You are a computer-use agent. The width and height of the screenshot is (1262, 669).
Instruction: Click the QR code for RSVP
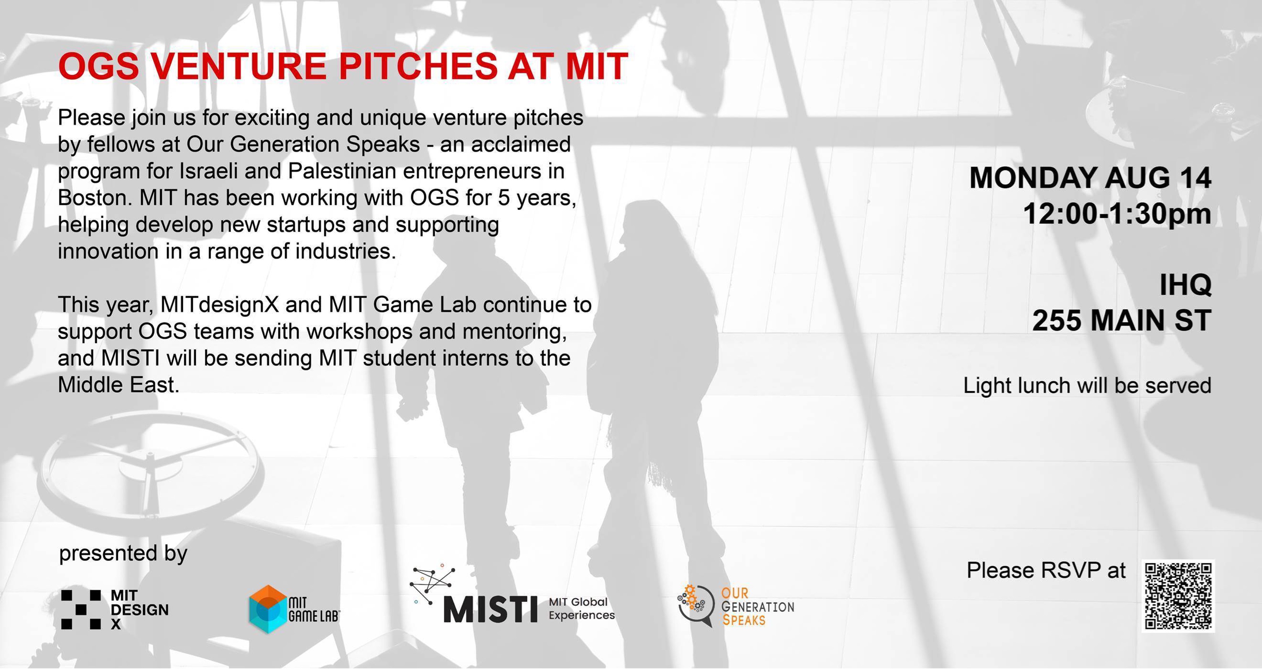pos(1178,596)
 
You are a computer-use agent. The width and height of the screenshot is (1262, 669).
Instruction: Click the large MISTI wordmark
pos(490,609)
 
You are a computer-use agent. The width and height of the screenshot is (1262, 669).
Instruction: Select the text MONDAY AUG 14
pos(1090,177)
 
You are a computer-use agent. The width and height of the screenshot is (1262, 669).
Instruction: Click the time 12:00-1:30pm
pos(1117,214)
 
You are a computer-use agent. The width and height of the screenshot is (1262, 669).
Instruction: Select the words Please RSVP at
pos(1046,570)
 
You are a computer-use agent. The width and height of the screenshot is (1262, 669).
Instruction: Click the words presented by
pos(123,554)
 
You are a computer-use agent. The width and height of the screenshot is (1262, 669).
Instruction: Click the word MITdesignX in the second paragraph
pos(220,305)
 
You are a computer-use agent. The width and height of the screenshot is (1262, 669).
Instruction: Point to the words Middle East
pos(119,385)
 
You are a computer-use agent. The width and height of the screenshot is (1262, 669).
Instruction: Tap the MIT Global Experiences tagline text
pos(582,608)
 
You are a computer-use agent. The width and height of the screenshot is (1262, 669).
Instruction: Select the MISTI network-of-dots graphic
pos(432,584)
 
